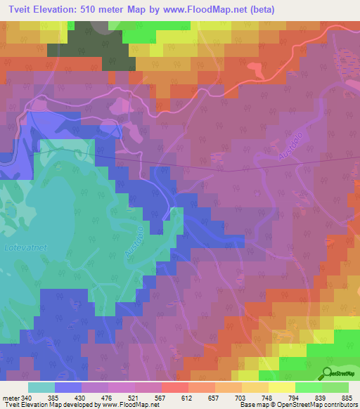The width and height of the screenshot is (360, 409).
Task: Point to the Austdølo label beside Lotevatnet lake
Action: pyautogui.click(x=138, y=242)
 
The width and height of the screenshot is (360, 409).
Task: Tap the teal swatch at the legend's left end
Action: pyautogui.click(x=41, y=387)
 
